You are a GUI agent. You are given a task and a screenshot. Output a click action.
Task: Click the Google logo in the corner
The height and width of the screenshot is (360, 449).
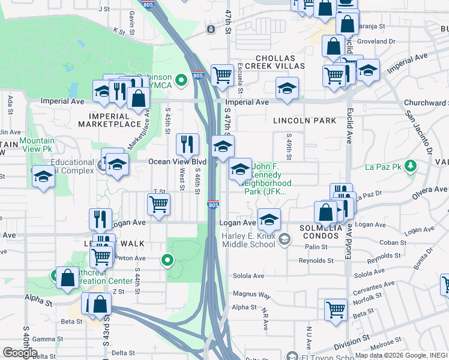[20, 353]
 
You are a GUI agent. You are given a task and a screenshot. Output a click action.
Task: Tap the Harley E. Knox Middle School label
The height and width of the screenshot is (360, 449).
[249, 241]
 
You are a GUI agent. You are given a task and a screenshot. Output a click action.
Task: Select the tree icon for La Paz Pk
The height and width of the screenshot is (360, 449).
[411, 165]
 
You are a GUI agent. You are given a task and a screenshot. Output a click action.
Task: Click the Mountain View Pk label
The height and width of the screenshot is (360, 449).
[37, 145]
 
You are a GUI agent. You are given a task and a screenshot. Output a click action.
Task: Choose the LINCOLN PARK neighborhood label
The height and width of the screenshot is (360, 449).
[304, 121]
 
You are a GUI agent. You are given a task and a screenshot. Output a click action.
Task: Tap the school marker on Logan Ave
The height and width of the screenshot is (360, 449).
[269, 219]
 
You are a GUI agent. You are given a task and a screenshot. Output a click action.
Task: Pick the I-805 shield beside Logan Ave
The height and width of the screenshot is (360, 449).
[213, 205]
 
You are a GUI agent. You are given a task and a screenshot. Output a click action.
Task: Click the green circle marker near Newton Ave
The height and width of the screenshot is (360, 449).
[167, 260]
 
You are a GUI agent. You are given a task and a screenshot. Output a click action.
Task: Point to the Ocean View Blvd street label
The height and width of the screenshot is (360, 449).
[177, 162]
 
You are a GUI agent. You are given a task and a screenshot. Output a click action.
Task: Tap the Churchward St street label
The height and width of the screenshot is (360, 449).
[426, 103]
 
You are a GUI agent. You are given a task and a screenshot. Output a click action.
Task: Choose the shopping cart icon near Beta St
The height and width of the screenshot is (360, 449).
[336, 310]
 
